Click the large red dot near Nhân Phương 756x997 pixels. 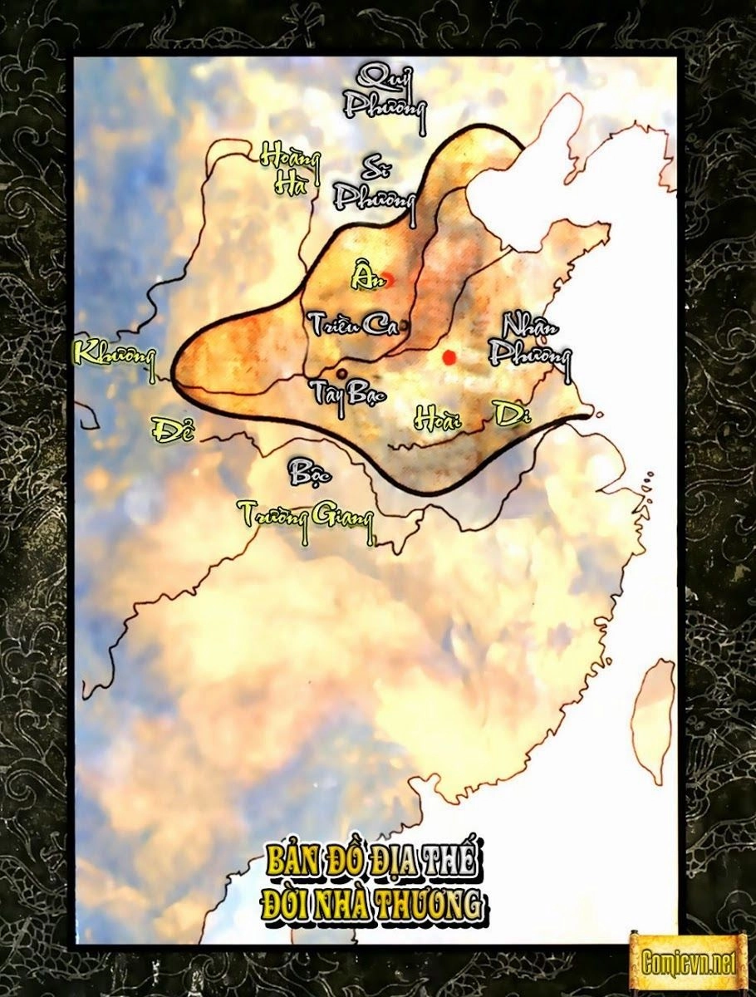point(449,357)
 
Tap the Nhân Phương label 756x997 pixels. point(530,340)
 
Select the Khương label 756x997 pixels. point(114,353)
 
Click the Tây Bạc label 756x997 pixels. point(348,391)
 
